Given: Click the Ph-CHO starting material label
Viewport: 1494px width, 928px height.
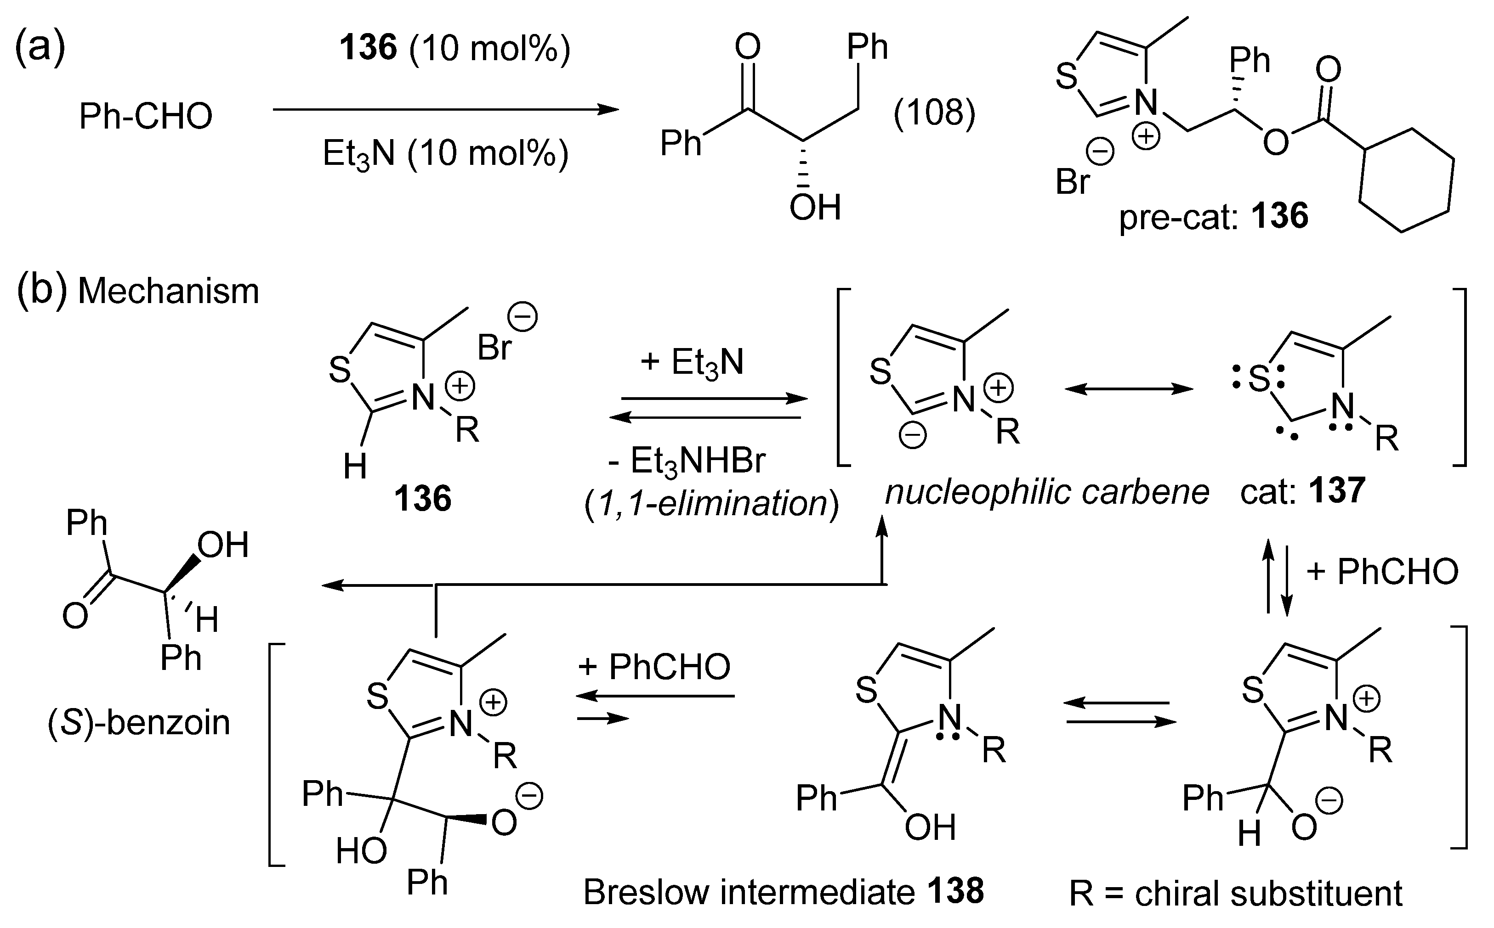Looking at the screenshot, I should coord(146,116).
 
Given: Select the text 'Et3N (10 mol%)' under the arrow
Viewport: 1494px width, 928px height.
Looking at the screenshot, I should coord(445,153).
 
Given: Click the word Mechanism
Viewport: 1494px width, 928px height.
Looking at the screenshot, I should coord(168,291).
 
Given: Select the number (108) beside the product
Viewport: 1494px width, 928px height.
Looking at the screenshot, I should coord(933,113).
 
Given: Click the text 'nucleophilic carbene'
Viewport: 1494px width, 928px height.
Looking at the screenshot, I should coord(1047,492).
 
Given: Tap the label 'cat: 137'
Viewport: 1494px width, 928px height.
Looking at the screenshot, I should coord(1302,491).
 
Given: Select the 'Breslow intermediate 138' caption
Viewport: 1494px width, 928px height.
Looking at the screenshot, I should coord(783,892).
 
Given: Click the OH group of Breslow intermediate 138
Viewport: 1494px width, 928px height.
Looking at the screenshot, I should coord(930,828).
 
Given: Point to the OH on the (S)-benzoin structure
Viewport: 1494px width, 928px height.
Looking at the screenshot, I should coord(222,545).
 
